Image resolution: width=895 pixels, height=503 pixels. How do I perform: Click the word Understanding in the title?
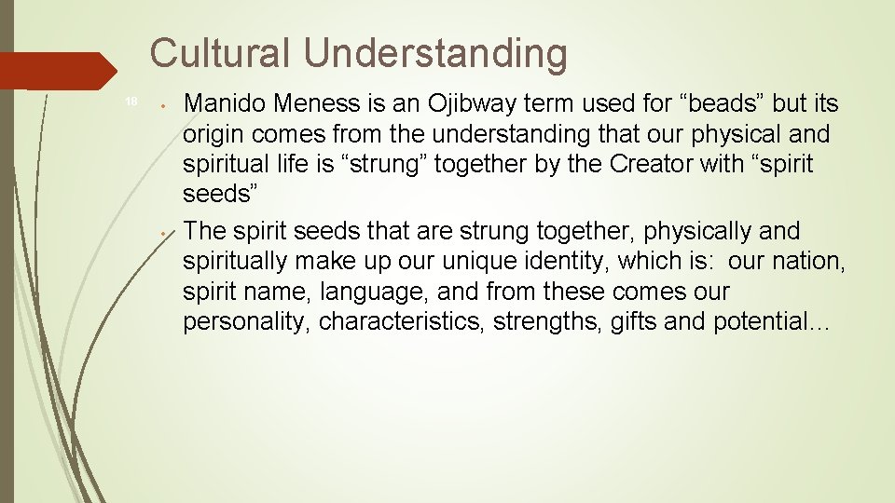tap(435, 55)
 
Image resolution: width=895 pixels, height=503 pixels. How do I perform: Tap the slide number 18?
tap(131, 102)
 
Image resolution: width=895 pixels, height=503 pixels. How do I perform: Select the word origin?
tap(211, 135)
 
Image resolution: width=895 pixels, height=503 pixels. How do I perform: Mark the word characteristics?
tap(401, 323)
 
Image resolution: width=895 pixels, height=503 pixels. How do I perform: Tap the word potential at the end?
tap(756, 323)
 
